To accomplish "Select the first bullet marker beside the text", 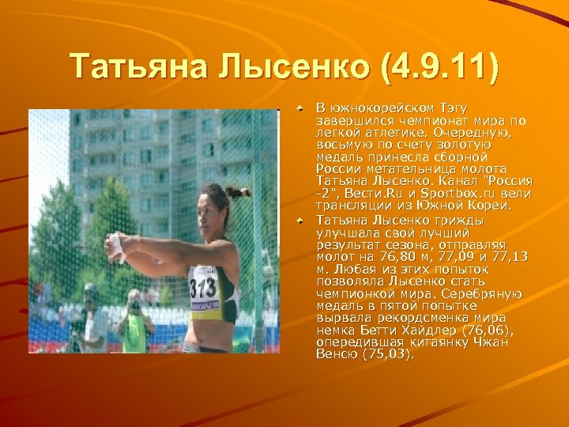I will pyautogui.click(x=300, y=104).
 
